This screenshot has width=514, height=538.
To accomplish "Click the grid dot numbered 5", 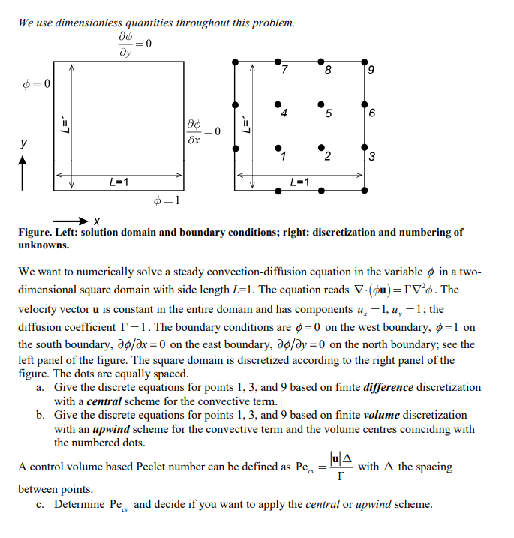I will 320,104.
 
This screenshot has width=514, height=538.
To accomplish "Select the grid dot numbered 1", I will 278,148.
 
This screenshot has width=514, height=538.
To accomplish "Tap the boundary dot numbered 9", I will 365,62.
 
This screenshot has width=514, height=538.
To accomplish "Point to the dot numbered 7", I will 278,62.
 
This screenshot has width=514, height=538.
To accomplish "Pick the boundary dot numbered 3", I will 365,148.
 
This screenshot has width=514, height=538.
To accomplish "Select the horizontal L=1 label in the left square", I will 118,182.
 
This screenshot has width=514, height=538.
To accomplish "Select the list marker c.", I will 40,504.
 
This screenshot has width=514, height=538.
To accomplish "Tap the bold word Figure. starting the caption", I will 35,233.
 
